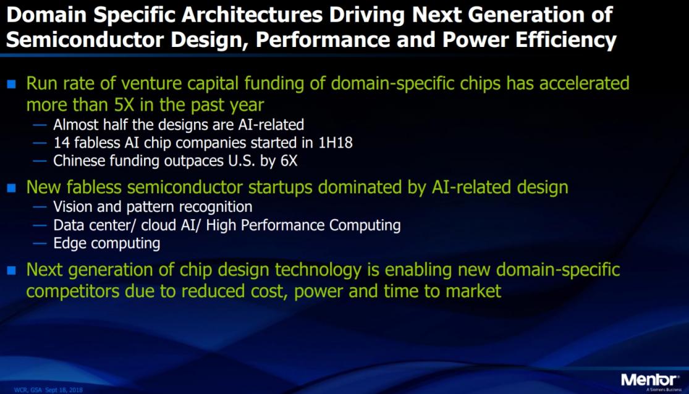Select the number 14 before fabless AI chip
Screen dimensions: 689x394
(62, 143)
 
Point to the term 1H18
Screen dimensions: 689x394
(336, 143)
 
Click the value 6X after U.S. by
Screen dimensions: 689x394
(289, 161)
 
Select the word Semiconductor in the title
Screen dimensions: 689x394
(85, 40)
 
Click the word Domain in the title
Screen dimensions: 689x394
(46, 15)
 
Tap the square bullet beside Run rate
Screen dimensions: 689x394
(12, 84)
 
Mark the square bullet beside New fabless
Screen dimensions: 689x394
(12, 188)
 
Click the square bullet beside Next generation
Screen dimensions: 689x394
(12, 270)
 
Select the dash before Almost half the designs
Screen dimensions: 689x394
(40, 125)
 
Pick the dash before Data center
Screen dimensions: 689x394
(40, 226)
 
